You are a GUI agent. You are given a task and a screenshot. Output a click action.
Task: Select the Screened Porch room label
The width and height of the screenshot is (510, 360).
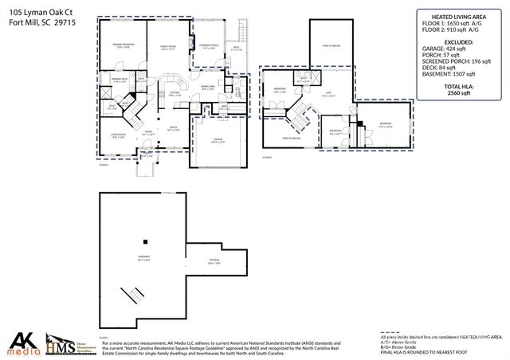(210, 46)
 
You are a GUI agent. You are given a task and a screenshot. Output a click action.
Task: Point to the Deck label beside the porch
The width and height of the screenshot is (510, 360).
(236, 48)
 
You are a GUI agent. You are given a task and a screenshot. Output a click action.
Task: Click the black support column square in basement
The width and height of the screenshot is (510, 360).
(145, 241)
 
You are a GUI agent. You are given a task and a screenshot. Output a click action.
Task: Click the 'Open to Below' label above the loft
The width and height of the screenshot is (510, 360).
(332, 46)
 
